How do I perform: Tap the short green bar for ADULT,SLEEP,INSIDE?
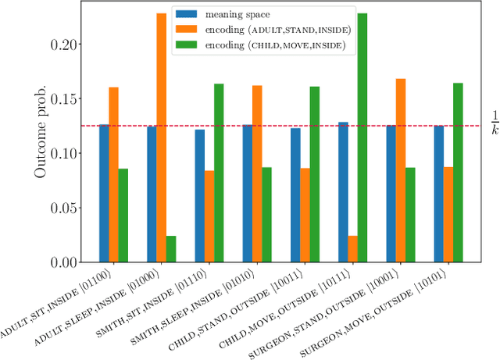[171, 249]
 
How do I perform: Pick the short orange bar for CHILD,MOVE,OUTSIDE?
[353, 249]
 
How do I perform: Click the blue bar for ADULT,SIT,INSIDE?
[104, 194]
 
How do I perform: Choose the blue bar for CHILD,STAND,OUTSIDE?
[295, 195]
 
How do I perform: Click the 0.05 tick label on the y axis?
[66, 209]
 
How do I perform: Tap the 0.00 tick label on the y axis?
[66, 263]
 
